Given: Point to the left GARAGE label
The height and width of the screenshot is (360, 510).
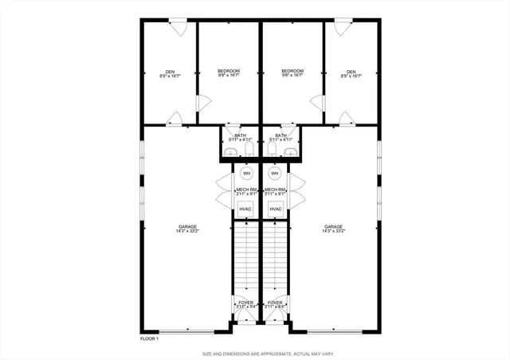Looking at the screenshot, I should [x=187, y=229].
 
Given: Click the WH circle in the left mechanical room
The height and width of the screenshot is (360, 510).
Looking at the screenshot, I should [x=247, y=173].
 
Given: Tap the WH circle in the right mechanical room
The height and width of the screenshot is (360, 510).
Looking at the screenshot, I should [x=275, y=173].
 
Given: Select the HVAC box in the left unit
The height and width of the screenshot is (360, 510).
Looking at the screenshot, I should [x=247, y=209].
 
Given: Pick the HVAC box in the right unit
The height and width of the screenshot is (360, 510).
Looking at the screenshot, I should [x=276, y=209].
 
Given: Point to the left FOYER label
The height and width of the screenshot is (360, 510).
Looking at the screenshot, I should [x=246, y=303].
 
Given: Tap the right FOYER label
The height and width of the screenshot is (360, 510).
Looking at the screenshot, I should [x=276, y=303].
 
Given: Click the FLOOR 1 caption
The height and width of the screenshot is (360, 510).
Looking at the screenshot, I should [x=149, y=339].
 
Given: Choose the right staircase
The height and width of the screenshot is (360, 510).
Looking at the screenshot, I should [x=276, y=259].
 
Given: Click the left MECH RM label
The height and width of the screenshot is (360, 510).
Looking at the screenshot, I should [x=246, y=190].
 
